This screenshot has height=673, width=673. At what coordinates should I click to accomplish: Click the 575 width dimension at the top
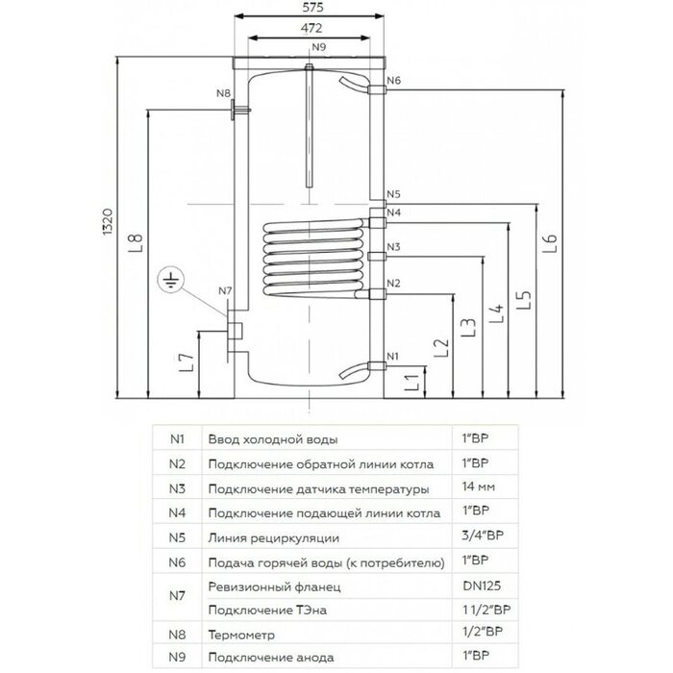(x=312, y=8)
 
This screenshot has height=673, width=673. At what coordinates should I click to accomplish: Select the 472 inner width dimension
(x=312, y=28)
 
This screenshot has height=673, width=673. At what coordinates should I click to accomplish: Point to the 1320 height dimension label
(x=108, y=221)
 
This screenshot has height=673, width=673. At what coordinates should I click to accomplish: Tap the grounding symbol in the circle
(x=171, y=280)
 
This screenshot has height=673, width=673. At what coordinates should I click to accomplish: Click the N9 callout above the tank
(x=319, y=47)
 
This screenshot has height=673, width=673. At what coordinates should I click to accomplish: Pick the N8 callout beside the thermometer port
(x=224, y=93)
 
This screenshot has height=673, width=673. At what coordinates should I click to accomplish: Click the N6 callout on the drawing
(x=393, y=80)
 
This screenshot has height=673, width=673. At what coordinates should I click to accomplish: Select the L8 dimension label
(x=136, y=243)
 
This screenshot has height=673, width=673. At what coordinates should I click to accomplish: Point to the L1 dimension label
(x=411, y=383)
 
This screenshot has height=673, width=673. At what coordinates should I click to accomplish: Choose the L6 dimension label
(x=550, y=243)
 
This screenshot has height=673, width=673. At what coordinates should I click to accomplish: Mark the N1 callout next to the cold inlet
(x=392, y=357)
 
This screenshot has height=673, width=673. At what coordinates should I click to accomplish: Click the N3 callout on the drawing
(x=393, y=247)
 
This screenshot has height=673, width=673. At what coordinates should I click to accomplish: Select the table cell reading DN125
(x=482, y=586)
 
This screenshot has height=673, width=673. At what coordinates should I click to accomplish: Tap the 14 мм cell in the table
(x=478, y=486)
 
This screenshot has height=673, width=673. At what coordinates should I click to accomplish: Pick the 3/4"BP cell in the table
(x=483, y=536)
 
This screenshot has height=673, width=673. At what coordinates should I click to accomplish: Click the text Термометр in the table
(x=241, y=635)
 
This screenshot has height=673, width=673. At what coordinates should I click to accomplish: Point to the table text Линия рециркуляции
(x=273, y=538)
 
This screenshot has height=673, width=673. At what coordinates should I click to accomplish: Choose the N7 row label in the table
(x=177, y=596)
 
